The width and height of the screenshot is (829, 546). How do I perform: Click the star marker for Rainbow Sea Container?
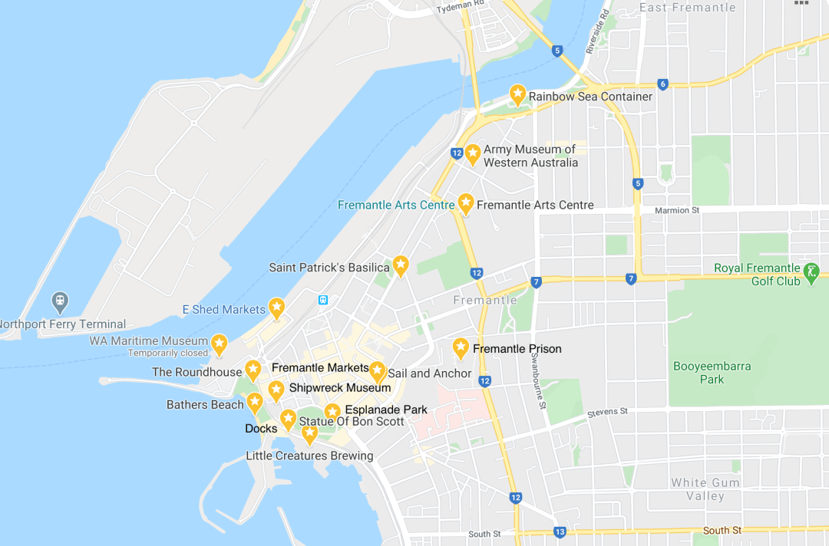[517, 95]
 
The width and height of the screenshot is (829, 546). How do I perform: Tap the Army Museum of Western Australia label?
[530, 156]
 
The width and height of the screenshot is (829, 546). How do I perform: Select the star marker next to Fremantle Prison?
[461, 348]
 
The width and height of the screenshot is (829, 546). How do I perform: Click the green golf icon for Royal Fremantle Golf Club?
[811, 271]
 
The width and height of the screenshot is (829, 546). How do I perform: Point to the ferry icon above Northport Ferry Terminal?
[59, 300]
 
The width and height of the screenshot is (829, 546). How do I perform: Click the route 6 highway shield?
[662, 84]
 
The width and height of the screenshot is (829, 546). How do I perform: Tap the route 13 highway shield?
[560, 532]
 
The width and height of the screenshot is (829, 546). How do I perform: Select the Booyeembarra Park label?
[712, 373]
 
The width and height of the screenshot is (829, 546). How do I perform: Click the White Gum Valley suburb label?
[705, 489]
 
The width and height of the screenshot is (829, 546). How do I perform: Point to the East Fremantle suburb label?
[687, 8]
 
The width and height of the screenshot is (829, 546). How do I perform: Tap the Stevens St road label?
[607, 413]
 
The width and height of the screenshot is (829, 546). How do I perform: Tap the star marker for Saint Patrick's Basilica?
[400, 265]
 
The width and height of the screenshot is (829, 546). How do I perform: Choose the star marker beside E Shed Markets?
[276, 308]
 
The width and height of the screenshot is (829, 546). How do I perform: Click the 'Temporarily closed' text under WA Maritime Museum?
[168, 354]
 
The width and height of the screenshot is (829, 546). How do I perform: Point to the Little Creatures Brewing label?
[309, 456]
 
